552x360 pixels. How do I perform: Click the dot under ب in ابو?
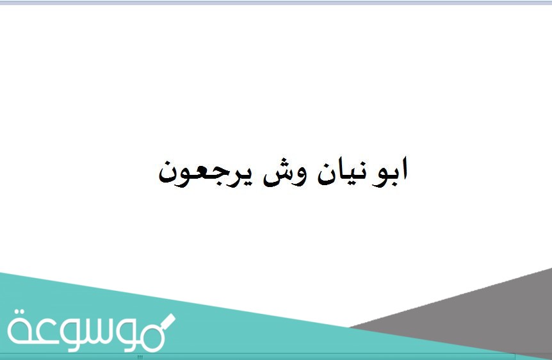392,185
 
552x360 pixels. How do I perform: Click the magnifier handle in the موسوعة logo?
168,320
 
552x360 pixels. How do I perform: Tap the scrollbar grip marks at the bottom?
140,357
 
